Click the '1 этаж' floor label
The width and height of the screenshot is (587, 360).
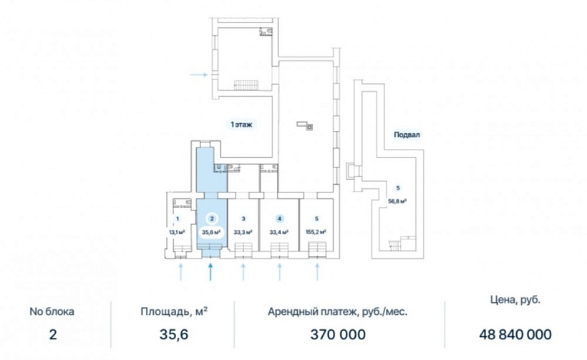[x=241, y=125]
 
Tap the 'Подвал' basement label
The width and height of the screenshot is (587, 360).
[x=407, y=135]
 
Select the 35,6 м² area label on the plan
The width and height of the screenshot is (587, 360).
[x=211, y=232]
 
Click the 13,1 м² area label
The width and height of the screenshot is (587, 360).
[x=177, y=232]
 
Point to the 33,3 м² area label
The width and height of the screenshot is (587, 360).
[x=243, y=232]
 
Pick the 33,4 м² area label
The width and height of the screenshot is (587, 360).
[x=279, y=232]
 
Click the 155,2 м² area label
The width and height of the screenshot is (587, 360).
[x=316, y=232]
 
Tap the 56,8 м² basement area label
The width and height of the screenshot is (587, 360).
[x=397, y=201]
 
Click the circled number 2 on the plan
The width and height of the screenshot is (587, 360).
[x=212, y=218]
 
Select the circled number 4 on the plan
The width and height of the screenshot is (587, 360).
[x=279, y=218]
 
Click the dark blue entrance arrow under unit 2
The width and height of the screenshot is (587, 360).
[x=210, y=272]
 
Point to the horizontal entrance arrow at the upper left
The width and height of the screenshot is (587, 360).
[x=199, y=75]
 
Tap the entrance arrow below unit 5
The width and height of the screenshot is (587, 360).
[x=317, y=272]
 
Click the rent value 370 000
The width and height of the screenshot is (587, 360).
[x=338, y=334]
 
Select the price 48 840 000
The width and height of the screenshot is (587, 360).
[x=515, y=334]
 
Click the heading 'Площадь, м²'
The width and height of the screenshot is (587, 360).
[x=175, y=312]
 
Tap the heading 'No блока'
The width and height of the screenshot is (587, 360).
[x=52, y=312]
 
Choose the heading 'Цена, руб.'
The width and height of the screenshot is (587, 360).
[x=515, y=300]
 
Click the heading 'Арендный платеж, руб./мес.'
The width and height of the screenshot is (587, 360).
[x=338, y=312]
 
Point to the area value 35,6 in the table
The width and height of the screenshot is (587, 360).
[x=174, y=334]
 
